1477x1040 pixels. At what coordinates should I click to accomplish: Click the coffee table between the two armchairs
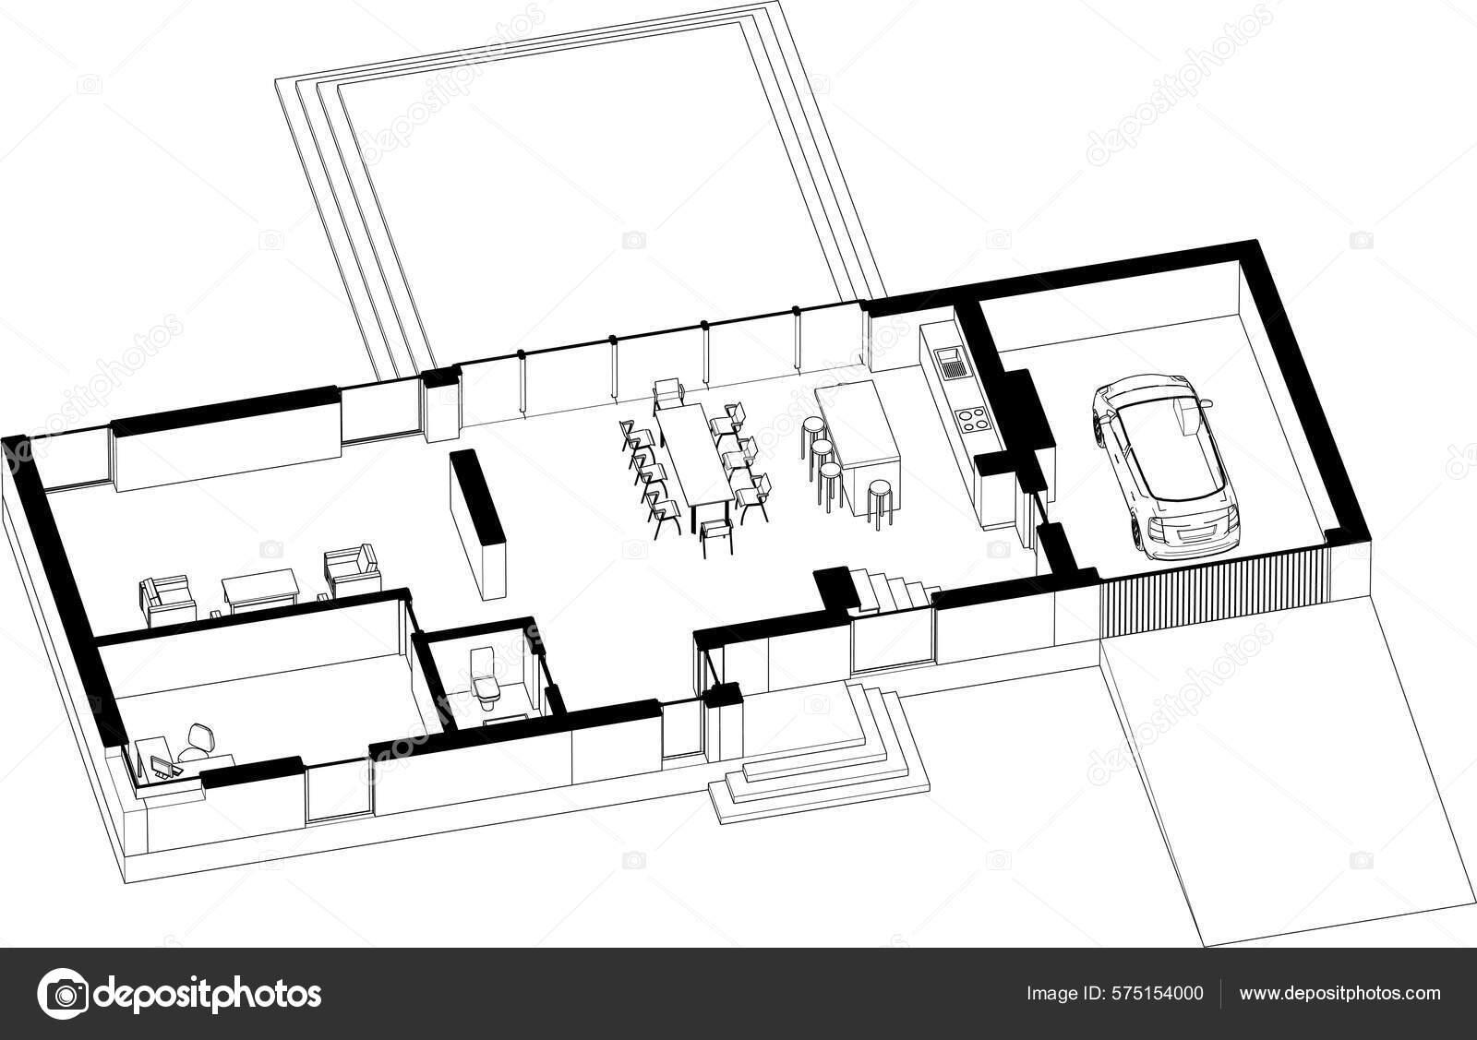[258, 589]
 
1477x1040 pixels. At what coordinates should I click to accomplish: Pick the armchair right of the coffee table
[353, 570]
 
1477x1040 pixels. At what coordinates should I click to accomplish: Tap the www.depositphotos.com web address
[1339, 993]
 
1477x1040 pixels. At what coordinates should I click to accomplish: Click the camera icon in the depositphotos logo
[62, 994]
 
